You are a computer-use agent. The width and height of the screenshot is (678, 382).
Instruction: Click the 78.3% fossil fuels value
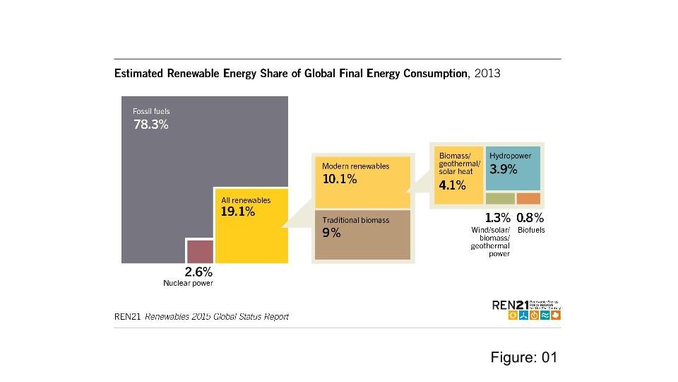[x=151, y=125]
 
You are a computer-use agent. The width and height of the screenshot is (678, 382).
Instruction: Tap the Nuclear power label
[x=188, y=283]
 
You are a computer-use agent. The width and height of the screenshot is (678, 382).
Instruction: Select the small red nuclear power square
[x=200, y=251]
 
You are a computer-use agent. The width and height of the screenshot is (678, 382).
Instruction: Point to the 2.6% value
[x=198, y=272]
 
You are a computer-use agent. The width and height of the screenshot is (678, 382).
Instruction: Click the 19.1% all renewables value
[x=238, y=212]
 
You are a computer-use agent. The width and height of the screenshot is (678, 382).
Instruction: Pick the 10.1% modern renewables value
[x=339, y=179]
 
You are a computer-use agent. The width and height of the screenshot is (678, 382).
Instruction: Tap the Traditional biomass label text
[x=355, y=220]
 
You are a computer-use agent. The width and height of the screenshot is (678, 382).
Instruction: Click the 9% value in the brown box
[x=331, y=233]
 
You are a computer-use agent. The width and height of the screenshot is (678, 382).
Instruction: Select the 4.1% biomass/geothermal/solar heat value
[x=452, y=185]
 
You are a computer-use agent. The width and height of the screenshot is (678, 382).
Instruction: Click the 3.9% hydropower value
[x=504, y=169]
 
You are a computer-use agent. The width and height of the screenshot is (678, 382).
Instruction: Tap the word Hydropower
[x=510, y=154]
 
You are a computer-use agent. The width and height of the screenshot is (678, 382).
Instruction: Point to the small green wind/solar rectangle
[x=500, y=199]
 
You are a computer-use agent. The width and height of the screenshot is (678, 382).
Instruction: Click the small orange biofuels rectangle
[x=528, y=199]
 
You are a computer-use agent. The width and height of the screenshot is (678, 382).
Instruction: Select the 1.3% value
[x=497, y=218]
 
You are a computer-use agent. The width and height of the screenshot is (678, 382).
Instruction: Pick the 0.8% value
[x=530, y=218]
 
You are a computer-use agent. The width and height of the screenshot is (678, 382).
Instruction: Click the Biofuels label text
[x=531, y=231]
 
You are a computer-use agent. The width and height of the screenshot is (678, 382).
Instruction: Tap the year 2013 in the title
[x=487, y=74]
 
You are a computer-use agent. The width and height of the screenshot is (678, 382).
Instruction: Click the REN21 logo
[x=527, y=309]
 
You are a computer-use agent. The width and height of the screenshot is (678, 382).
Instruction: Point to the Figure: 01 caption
[x=524, y=357]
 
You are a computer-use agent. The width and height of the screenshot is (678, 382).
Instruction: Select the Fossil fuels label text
[x=151, y=111]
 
